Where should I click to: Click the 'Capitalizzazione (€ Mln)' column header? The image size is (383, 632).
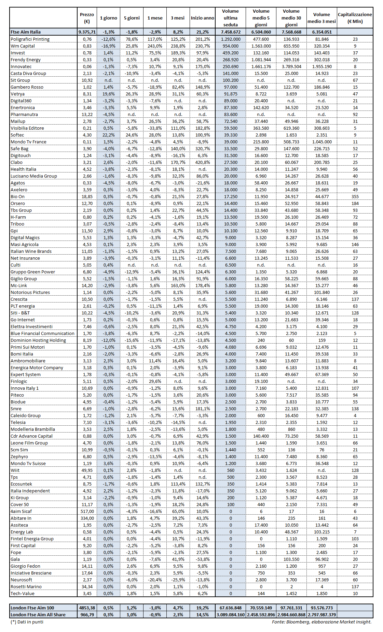pyautogui.click(x=355, y=18)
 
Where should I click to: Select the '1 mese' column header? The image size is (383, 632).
pyautogui.click(x=155, y=18)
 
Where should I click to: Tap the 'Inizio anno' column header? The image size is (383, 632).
pyautogui.click(x=202, y=18)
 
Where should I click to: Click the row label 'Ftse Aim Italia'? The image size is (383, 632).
pyautogui.click(x=26, y=32)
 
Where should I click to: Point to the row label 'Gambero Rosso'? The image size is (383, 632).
pyautogui.click(x=27, y=87)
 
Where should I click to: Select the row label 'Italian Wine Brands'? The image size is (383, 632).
pyautogui.click(x=31, y=251)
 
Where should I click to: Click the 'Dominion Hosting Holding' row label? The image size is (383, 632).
pyautogui.click(x=38, y=340)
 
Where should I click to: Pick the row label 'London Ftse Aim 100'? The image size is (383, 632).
pyautogui.click(x=32, y=608)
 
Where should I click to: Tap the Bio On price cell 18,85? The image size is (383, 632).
pyautogui.click(x=87, y=196)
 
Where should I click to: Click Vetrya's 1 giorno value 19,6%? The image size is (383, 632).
pyautogui.click(x=108, y=94)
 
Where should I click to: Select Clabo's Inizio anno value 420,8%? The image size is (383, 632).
pyautogui.click(x=202, y=162)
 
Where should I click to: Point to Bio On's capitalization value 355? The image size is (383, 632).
pyautogui.click(x=355, y=196)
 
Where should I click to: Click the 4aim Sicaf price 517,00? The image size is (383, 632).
pyautogui.click(x=87, y=511)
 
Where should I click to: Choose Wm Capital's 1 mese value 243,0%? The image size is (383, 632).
pyautogui.click(x=155, y=46)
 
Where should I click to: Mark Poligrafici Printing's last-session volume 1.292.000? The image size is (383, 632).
pyautogui.click(x=230, y=39)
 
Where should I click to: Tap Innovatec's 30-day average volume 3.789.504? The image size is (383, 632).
pyautogui.click(x=291, y=66)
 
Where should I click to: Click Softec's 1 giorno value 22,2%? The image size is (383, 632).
pyautogui.click(x=108, y=135)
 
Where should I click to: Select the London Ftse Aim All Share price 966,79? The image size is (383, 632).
pyautogui.click(x=87, y=615)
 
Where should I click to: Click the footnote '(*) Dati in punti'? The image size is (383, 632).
pyautogui.click(x=27, y=622)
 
